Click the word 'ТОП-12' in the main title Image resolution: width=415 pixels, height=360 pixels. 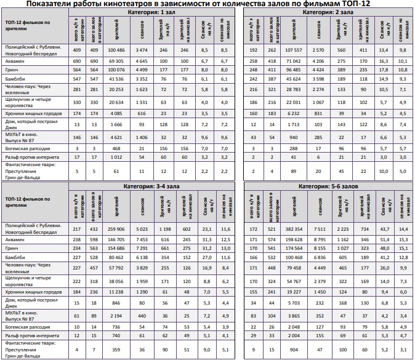[352, 4]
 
